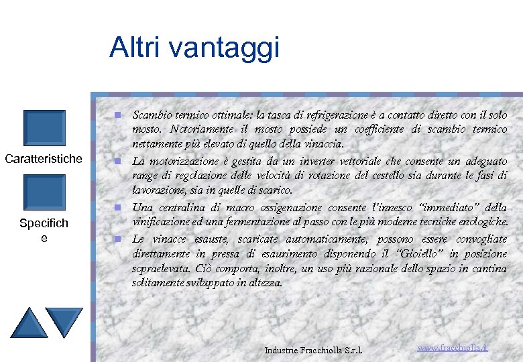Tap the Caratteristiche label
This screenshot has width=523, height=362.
coord(44,159)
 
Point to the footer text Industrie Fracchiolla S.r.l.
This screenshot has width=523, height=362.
coord(313,350)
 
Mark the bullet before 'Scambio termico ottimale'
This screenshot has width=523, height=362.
coord(117,115)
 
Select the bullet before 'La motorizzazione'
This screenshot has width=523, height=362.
coord(117,162)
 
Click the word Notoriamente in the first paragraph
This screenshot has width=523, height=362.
coord(200,129)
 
